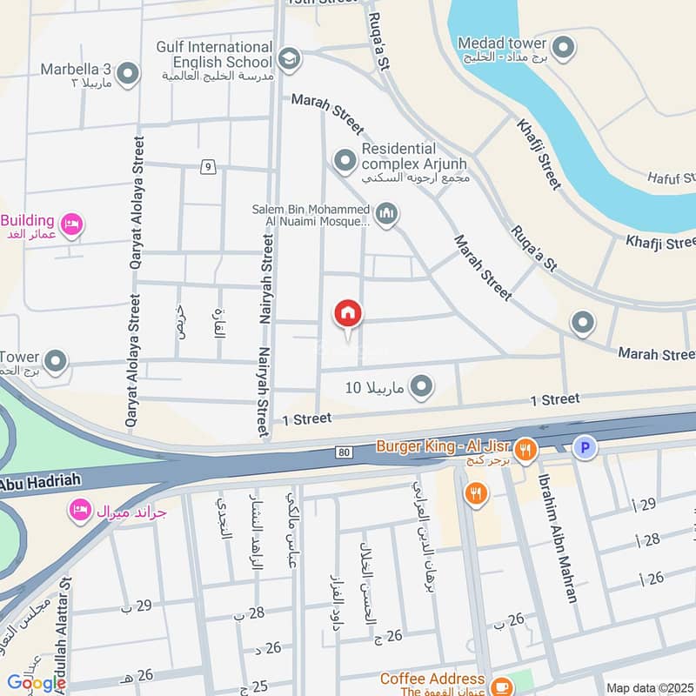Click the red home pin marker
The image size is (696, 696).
click(x=348, y=314)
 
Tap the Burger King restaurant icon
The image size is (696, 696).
click(x=524, y=450)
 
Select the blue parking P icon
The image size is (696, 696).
click(x=586, y=449)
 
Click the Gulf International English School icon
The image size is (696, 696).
click(x=289, y=59)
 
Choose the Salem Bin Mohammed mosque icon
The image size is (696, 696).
click(x=387, y=212)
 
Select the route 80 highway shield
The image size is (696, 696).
click(x=345, y=452)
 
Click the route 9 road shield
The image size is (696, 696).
click(x=207, y=167)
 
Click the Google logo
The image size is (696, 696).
click(x=37, y=684)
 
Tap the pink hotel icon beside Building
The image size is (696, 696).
click(x=73, y=226)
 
